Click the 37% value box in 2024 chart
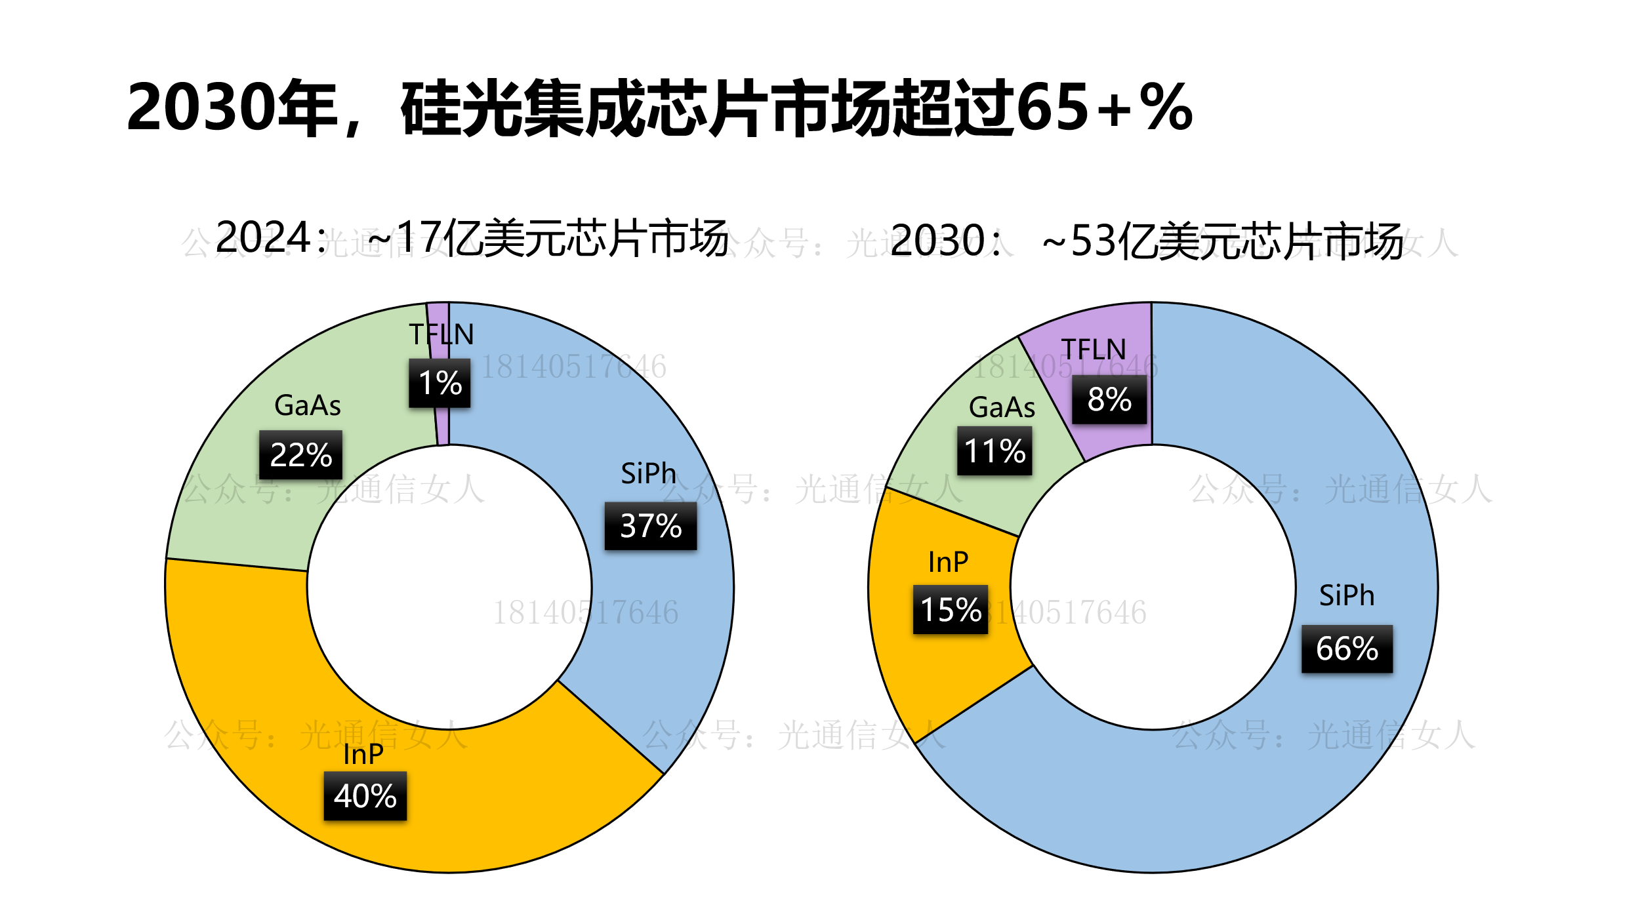650,526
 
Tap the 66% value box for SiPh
1347,649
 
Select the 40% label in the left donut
365,795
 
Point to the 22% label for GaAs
300,454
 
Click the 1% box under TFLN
440,383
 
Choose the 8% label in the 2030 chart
1109,399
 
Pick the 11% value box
994,451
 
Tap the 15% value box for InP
951,609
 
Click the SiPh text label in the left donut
648,473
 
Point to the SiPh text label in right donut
1347,595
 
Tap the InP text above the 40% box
363,754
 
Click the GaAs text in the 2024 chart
308,405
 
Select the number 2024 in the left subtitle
262,237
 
